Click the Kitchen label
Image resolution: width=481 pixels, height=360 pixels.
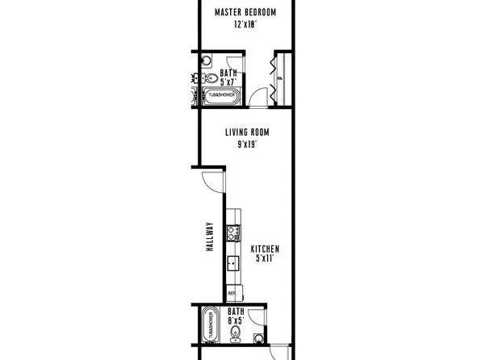[265, 249]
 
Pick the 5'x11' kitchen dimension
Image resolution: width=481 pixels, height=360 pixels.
[265, 259]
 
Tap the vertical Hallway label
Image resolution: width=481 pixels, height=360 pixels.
[209, 238]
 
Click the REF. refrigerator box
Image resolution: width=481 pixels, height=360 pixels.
[232, 293]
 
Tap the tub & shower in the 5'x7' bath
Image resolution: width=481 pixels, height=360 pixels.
[221, 95]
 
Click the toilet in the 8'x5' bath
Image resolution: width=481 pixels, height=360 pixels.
[257, 338]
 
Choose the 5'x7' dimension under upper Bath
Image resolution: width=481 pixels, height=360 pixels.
[228, 82]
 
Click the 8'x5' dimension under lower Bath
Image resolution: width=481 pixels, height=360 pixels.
[235, 320]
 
